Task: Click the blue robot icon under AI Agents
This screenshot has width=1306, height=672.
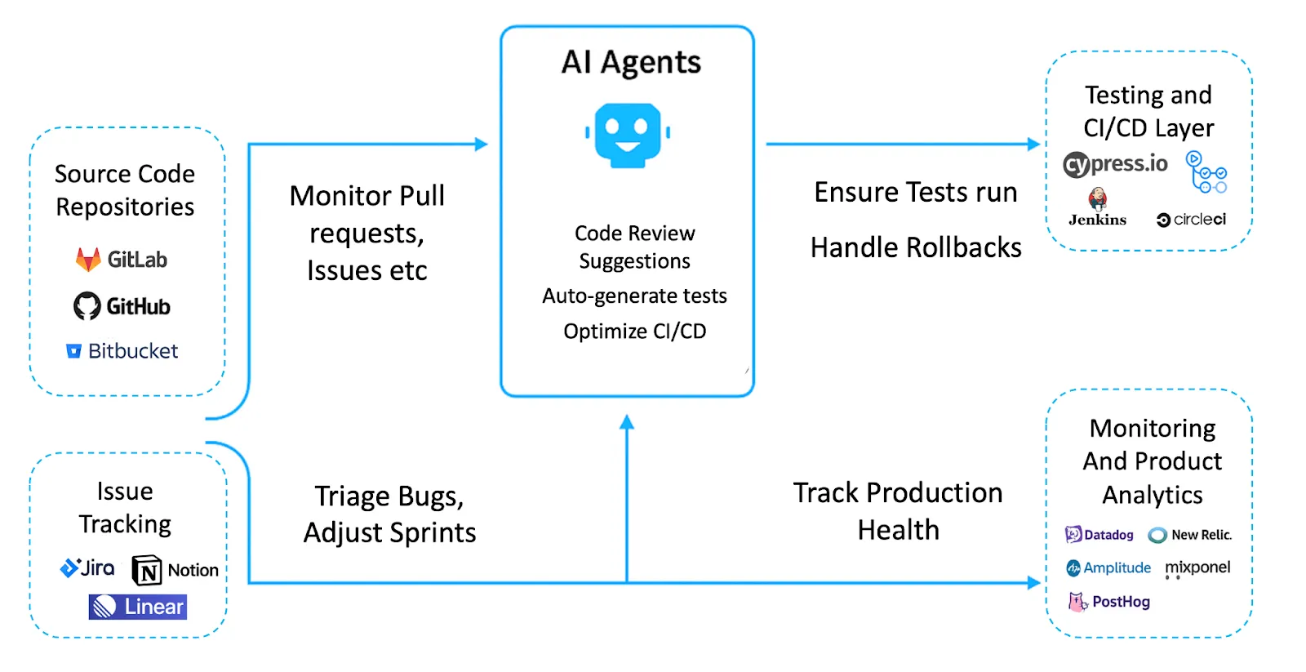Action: (627, 134)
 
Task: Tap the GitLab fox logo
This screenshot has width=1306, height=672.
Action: (87, 260)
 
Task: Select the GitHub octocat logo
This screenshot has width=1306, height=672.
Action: (87, 306)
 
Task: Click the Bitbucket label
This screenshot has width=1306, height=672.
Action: (132, 351)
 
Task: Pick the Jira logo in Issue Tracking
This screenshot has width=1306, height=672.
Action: (87, 567)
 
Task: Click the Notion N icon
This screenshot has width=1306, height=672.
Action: (147, 570)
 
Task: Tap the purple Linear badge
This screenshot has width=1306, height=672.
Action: (138, 607)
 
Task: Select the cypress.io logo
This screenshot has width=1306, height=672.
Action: (1115, 164)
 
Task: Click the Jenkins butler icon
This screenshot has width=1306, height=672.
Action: (1098, 198)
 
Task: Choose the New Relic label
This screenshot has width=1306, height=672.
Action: (1200, 535)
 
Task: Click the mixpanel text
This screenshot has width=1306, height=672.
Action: (1197, 567)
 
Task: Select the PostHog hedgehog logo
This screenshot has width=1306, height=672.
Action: (1077, 602)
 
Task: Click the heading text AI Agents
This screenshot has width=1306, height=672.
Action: (631, 62)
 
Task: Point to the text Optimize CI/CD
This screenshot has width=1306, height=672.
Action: (634, 332)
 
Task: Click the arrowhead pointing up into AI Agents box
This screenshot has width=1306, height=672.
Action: (627, 422)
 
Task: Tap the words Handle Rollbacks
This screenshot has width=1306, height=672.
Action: (915, 247)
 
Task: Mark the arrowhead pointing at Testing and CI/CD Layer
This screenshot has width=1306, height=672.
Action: (1033, 145)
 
